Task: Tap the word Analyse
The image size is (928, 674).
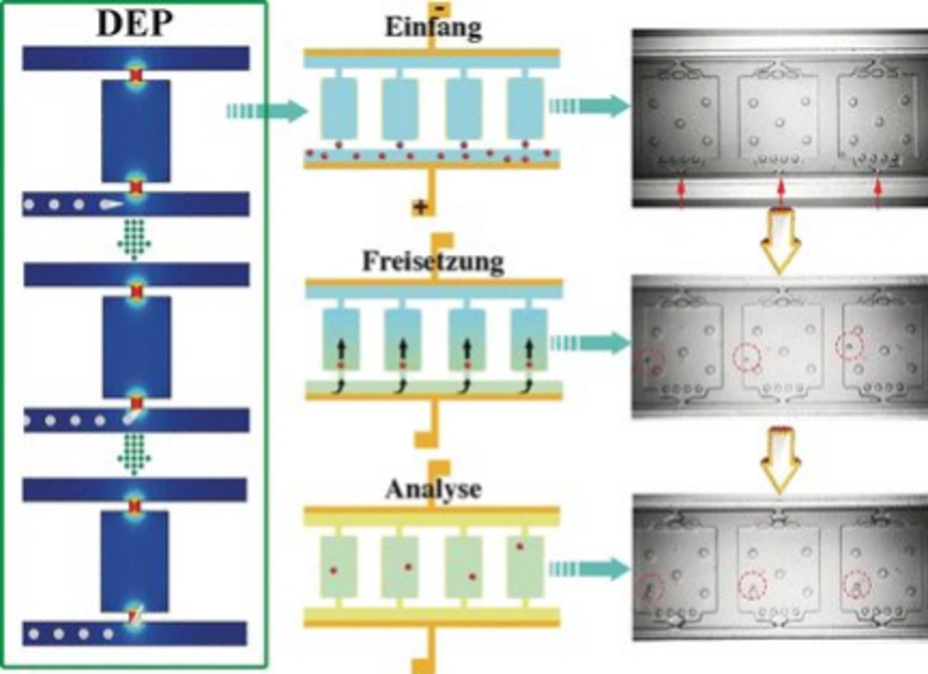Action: pos(433,489)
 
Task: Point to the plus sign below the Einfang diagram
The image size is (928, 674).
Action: pos(419,207)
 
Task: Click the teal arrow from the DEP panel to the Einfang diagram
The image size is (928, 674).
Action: pos(265,111)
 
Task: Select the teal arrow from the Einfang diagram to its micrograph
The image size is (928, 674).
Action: pos(588,107)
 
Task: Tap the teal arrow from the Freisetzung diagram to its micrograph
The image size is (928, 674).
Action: pos(588,342)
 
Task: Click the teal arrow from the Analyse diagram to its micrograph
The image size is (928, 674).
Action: pos(588,570)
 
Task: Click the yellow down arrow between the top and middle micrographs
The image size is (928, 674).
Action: pos(780,240)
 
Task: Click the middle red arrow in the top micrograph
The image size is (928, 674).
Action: pos(780,190)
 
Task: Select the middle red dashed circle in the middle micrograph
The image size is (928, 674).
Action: pos(747,357)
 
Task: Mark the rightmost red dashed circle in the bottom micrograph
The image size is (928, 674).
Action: pos(856,584)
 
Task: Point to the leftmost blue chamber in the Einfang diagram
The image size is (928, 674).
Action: pos(339,108)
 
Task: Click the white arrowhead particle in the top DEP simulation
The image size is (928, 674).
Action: pos(111,205)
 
